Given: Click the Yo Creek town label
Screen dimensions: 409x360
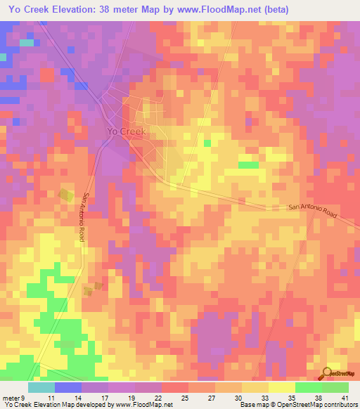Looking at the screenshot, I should point(126,131).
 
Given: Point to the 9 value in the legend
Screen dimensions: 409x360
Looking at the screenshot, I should point(23,397).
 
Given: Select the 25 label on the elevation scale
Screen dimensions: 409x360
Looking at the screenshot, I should point(183,397).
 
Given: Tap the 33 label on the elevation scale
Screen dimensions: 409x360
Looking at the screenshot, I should point(263,397).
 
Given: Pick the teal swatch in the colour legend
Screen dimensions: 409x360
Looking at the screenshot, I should point(41,387).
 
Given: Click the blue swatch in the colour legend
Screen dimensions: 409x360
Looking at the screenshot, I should point(68,387).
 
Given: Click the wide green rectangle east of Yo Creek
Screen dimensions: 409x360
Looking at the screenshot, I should point(248,165).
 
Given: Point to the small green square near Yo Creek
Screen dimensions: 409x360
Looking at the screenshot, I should point(207,143).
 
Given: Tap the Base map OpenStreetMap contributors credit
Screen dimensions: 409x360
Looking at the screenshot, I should point(298,405).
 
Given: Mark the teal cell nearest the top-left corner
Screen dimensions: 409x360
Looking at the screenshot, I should point(27,43).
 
